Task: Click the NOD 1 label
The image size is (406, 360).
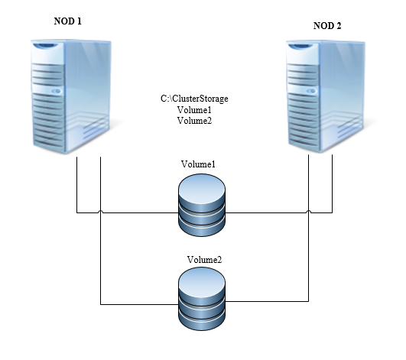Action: click(68, 21)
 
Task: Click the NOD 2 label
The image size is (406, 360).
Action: click(327, 26)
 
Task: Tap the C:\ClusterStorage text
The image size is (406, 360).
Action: click(194, 99)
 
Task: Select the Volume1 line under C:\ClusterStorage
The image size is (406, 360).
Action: click(194, 110)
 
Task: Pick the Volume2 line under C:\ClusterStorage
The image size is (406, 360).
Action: click(194, 121)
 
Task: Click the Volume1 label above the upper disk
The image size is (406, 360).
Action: click(198, 164)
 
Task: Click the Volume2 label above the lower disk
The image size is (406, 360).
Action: click(204, 260)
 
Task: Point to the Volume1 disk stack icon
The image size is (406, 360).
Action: click(202, 205)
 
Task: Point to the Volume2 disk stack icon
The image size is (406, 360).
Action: click(202, 299)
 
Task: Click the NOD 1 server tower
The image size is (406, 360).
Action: click(71, 96)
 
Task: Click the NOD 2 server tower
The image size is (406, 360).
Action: click(326, 96)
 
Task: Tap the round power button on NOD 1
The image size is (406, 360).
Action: click(57, 91)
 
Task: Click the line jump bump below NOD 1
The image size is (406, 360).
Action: click(100, 212)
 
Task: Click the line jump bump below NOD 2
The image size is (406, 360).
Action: click(308, 212)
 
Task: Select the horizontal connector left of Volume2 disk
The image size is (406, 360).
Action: click(140, 304)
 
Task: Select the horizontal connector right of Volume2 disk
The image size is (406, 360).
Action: click(267, 301)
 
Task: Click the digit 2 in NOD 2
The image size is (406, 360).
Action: click(339, 26)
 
